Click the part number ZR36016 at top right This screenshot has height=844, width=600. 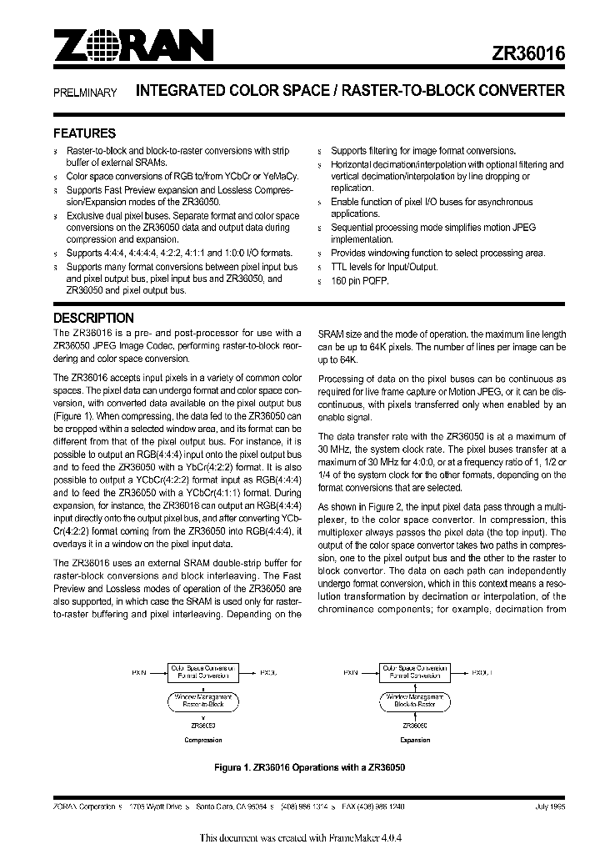(528, 51)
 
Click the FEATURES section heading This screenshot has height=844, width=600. (84, 133)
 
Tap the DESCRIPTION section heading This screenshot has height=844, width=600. (93, 318)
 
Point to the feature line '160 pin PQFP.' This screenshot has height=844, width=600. (360, 281)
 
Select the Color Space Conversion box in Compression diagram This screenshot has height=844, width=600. (202, 671)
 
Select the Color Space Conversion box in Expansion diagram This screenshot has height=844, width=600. (415, 671)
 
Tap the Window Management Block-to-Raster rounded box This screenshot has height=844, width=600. (415, 700)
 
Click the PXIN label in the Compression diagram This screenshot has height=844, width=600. (140, 671)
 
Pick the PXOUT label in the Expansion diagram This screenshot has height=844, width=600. (482, 671)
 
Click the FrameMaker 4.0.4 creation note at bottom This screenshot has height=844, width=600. (299, 836)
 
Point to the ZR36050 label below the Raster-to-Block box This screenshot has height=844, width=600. (202, 726)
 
